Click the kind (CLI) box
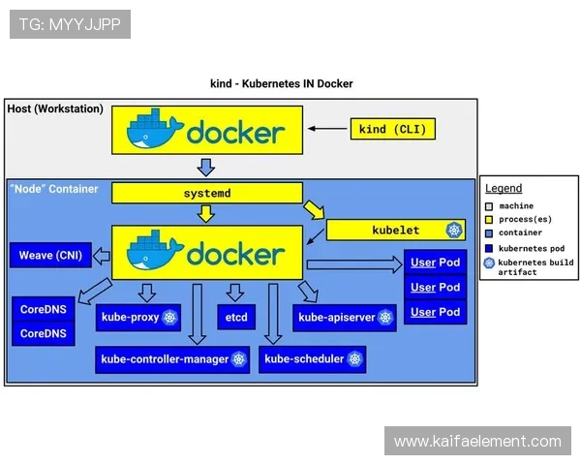(391, 129)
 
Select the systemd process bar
(207, 193)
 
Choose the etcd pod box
(236, 317)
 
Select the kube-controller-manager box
(172, 359)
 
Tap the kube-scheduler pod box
(313, 359)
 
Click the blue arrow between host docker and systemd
(205, 166)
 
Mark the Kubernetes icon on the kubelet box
(453, 230)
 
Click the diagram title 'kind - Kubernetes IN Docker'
(282, 83)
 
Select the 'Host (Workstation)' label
(55, 108)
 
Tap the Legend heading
(504, 189)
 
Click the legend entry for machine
(514, 206)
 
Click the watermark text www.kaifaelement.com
(477, 442)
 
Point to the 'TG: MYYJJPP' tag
(70, 24)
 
